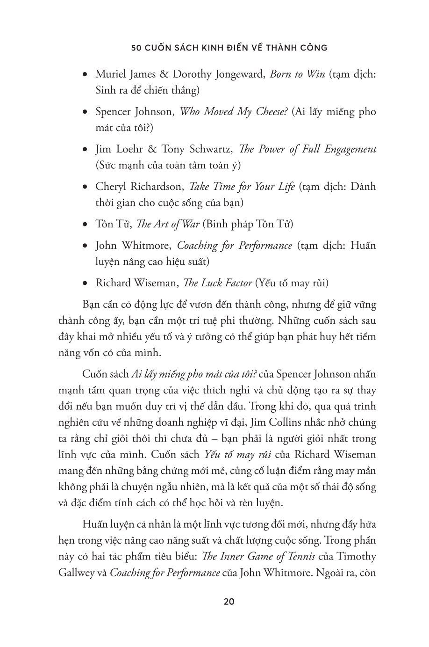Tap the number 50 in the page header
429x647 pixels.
point(136,47)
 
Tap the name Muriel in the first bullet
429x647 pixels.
point(111,74)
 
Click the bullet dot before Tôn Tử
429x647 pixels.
point(85,225)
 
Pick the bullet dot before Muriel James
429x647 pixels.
point(85,75)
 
